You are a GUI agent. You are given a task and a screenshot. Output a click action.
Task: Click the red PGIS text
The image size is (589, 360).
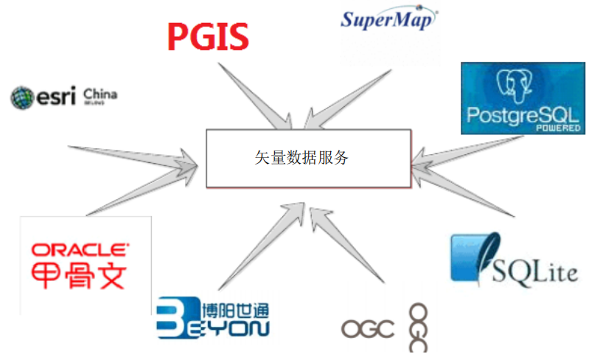[207, 36]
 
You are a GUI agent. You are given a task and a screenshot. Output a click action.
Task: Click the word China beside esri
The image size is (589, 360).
[100, 94]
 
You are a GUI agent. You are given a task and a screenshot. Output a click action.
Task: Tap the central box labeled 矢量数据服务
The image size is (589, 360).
[307, 158]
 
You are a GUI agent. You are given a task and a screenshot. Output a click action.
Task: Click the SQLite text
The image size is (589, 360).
[537, 272]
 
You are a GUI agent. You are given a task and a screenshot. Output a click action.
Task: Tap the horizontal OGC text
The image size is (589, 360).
[368, 329]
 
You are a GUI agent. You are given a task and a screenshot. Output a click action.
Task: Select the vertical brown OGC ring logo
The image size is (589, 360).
[418, 326]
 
